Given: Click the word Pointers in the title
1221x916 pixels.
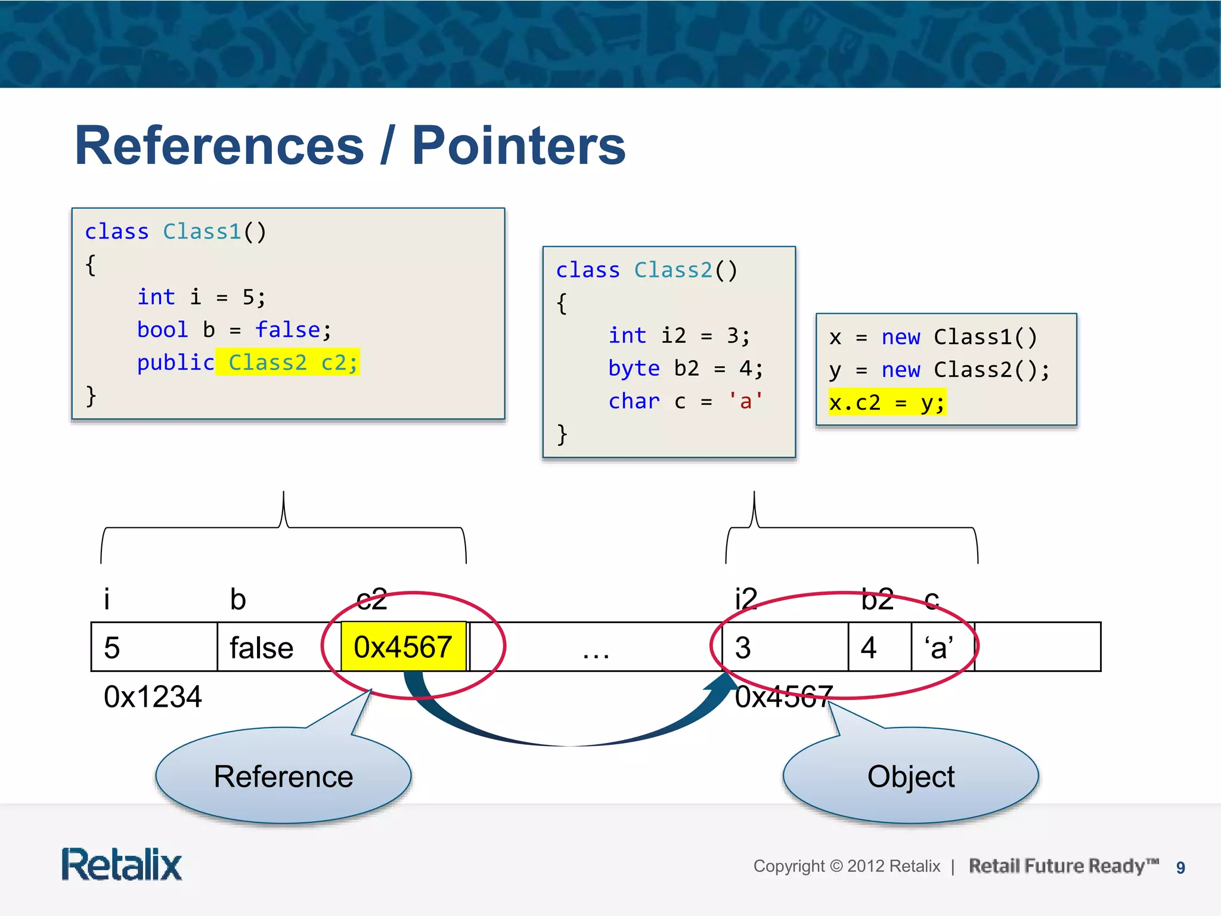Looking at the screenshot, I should (x=519, y=146).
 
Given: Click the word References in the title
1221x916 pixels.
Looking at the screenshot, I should (x=219, y=146).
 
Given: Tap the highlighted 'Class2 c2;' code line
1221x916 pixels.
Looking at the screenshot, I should (x=288, y=362).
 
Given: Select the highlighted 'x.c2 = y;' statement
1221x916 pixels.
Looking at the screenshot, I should (x=887, y=403).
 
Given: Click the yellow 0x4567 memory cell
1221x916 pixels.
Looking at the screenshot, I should (x=403, y=647).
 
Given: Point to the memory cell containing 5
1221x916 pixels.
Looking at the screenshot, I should (x=154, y=647).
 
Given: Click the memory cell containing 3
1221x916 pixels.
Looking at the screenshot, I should (x=784, y=647).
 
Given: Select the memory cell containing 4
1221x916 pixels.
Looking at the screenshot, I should (x=879, y=647).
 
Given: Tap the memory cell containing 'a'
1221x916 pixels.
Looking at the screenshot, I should (x=942, y=647).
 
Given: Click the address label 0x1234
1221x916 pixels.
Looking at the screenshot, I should (x=153, y=697).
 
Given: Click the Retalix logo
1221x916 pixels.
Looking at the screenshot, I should (x=122, y=865).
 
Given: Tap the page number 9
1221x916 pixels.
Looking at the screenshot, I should (x=1180, y=868).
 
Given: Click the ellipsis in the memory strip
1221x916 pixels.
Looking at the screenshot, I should (x=596, y=653).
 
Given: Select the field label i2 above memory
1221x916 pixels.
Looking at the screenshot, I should (x=746, y=599).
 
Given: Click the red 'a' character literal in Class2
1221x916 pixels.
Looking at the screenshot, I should (x=745, y=401).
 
